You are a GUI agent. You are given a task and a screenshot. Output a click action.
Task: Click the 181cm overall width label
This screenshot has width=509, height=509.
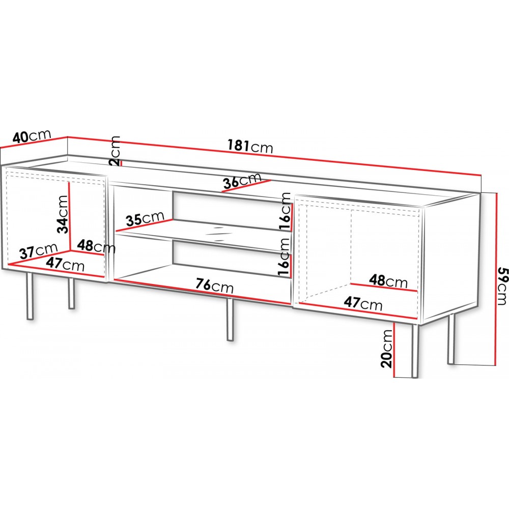pyautogui.click(x=250, y=146)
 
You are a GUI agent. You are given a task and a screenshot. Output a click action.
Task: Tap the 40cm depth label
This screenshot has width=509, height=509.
pyautogui.click(x=32, y=136)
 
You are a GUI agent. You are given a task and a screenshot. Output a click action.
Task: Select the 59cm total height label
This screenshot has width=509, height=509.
pyautogui.click(x=502, y=286)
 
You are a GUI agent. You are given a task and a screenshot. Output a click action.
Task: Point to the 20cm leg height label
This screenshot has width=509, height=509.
pyautogui.click(x=387, y=349)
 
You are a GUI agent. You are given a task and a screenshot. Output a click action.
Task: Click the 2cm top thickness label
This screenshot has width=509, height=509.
pyautogui.click(x=115, y=151)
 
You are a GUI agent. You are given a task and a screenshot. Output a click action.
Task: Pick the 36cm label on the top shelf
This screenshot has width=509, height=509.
pyautogui.click(x=242, y=180)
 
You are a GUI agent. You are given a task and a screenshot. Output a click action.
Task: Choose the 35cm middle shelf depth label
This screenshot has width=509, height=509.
pyautogui.click(x=145, y=218)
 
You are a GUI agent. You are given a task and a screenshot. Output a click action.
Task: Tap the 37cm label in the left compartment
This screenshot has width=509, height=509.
pyautogui.click(x=38, y=250)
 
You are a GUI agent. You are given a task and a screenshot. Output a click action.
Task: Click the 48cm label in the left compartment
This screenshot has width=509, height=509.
pyautogui.click(x=96, y=246)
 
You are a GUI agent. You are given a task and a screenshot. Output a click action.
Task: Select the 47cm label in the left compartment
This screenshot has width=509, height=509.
pyautogui.click(x=65, y=264)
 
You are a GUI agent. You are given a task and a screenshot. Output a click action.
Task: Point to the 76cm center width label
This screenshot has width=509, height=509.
pyautogui.click(x=215, y=286)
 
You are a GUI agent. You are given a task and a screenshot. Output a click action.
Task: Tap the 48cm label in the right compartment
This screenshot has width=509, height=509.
pyautogui.click(x=388, y=281)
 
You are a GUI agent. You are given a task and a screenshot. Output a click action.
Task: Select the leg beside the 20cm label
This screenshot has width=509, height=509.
pyautogui.click(x=414, y=351)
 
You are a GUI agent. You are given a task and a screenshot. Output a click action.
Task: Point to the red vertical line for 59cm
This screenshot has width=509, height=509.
pyautogui.click(x=496, y=279)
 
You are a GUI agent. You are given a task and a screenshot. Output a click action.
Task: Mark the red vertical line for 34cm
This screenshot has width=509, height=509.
pyautogui.click(x=69, y=216)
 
